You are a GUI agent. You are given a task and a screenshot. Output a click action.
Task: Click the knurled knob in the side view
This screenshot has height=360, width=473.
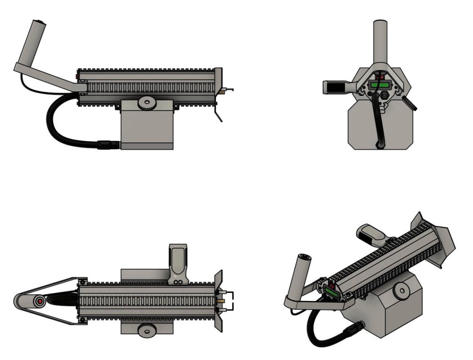click(146, 103)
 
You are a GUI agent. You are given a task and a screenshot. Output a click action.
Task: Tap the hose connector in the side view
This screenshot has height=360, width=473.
click(108, 144)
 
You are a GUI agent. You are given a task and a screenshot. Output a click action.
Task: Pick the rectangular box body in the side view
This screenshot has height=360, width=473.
click(147, 128)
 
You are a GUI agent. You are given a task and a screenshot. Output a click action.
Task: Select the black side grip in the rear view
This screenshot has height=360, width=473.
click(334, 87)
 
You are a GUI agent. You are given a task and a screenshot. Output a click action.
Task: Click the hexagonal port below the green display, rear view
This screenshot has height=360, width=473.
click(385, 96)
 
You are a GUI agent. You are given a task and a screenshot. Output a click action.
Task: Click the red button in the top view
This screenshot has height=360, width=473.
click(40, 300)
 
